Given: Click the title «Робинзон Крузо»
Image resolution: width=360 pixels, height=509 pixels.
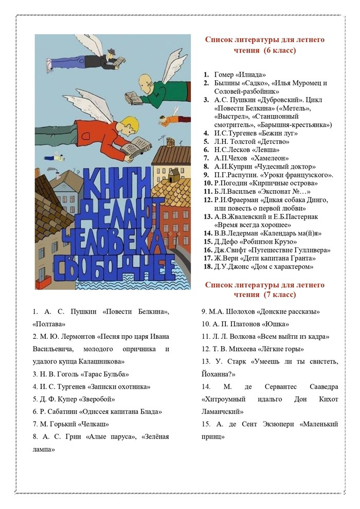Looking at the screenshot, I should click(x=279, y=241).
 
